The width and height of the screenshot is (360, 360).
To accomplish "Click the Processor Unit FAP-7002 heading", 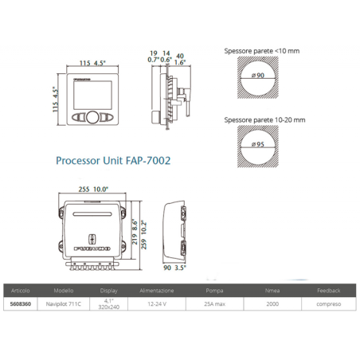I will [113, 160].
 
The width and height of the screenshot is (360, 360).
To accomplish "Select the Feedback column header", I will [328, 291].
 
